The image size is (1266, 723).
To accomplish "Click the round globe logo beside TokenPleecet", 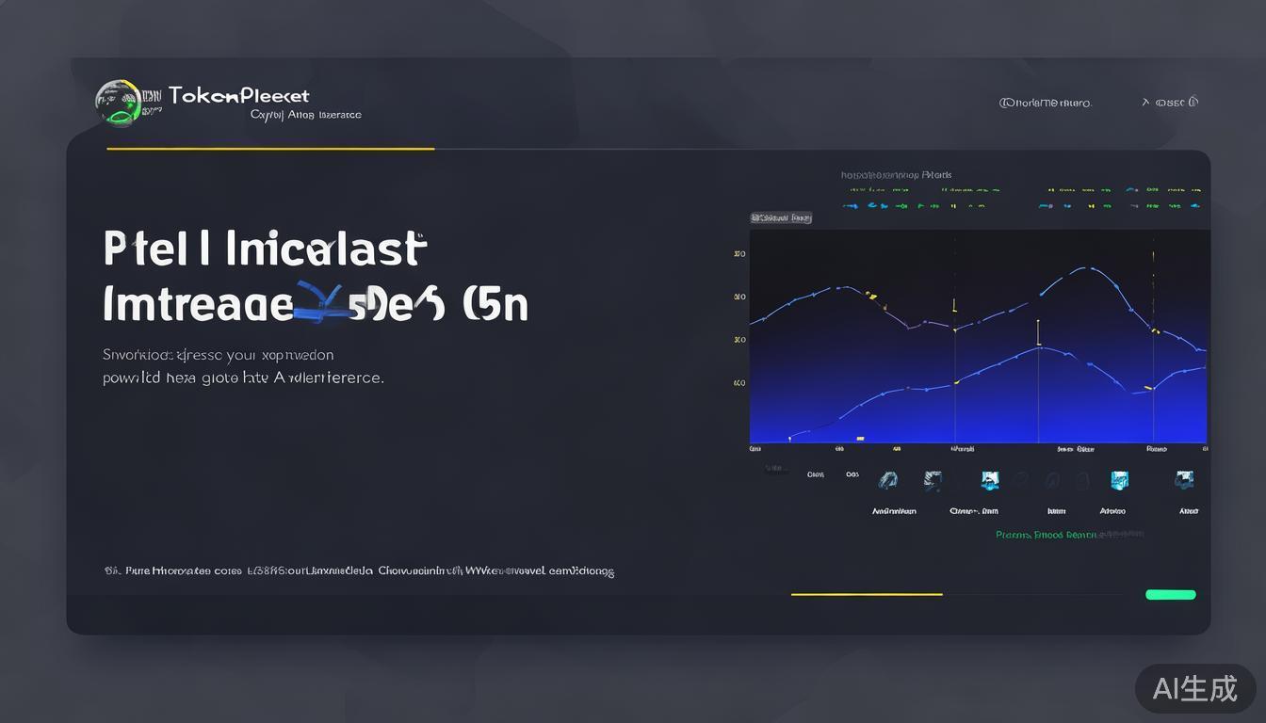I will pyautogui.click(x=118, y=102).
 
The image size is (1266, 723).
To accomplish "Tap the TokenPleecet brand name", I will pyautogui.click(x=239, y=95).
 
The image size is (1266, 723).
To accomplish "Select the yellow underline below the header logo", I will pyautogui.click(x=270, y=149).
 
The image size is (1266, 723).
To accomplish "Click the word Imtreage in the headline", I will pyautogui.click(x=197, y=305).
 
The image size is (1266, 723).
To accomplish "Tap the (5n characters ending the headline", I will pyautogui.click(x=495, y=305).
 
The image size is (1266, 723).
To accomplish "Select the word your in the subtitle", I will pyautogui.click(x=241, y=356).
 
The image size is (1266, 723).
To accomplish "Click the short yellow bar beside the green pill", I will pyautogui.click(x=866, y=594).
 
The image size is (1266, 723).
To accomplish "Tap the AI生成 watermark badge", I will pyautogui.click(x=1194, y=688).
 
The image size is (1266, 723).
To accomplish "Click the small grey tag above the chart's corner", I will pyautogui.click(x=780, y=217).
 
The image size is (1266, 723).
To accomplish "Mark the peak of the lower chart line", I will pyautogui.click(x=1038, y=347).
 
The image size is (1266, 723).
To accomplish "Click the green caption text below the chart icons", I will pyautogui.click(x=1068, y=535).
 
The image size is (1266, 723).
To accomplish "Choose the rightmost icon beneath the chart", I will pyautogui.click(x=1184, y=480).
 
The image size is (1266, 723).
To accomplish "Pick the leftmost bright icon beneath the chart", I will pyautogui.click(x=887, y=480).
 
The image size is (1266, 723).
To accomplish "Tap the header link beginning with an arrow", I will pyautogui.click(x=1170, y=103).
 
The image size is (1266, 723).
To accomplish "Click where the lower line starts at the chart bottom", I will pyautogui.click(x=789, y=437).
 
